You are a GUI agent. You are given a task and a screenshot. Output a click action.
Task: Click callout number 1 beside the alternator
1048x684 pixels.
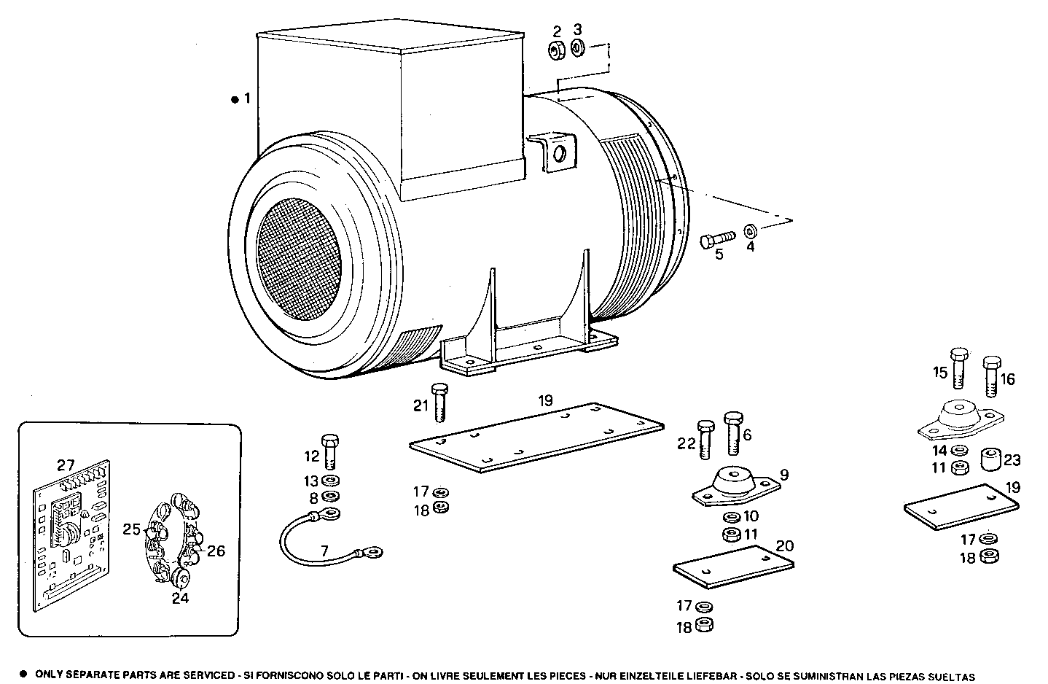(x=247, y=98)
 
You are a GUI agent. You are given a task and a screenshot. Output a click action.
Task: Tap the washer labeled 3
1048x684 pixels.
(x=577, y=49)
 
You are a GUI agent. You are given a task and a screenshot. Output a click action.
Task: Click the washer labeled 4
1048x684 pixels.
(x=749, y=231)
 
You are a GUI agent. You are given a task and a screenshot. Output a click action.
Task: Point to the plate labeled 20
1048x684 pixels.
(x=732, y=567)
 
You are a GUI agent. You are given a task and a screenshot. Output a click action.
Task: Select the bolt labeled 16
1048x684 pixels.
(x=991, y=373)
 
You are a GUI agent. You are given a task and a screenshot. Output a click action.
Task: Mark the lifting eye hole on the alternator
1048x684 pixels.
(x=560, y=154)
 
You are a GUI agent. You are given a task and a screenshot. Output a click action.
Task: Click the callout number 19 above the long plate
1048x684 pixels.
(x=546, y=400)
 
